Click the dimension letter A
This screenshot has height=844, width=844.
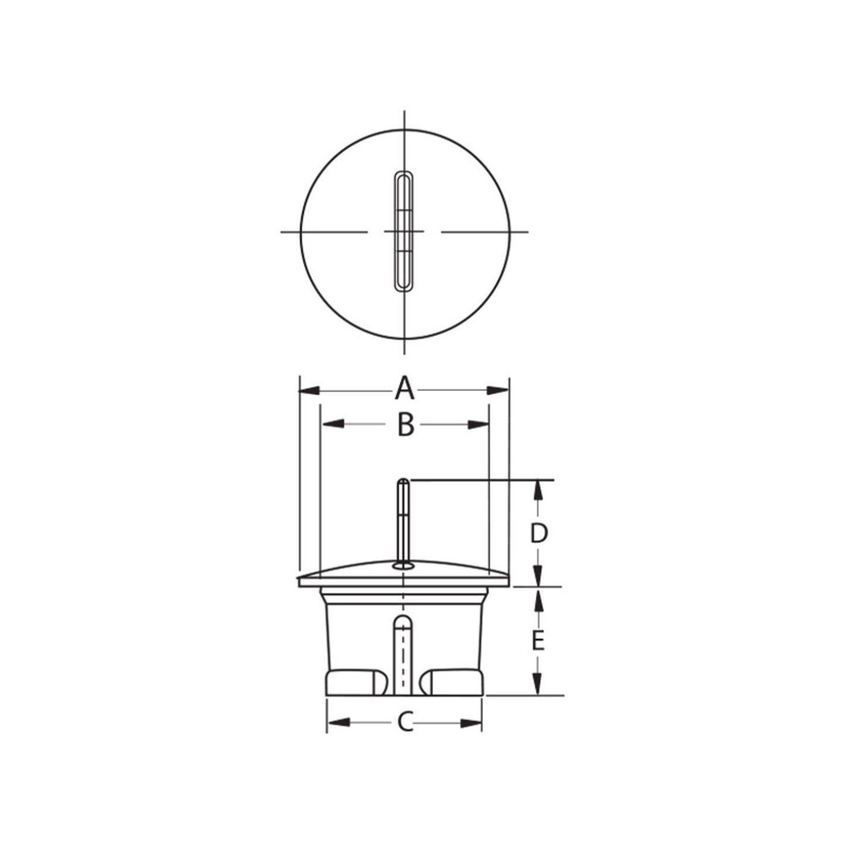[405, 390]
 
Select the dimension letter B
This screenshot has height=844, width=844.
[405, 425]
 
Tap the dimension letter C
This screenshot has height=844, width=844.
[405, 722]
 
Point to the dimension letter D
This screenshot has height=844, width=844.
[538, 533]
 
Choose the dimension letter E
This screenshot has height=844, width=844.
[538, 641]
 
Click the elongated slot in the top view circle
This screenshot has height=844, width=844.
[404, 231]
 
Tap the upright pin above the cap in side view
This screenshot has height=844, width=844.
[404, 519]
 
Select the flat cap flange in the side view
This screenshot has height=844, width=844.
[404, 579]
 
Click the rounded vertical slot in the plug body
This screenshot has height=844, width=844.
[404, 654]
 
